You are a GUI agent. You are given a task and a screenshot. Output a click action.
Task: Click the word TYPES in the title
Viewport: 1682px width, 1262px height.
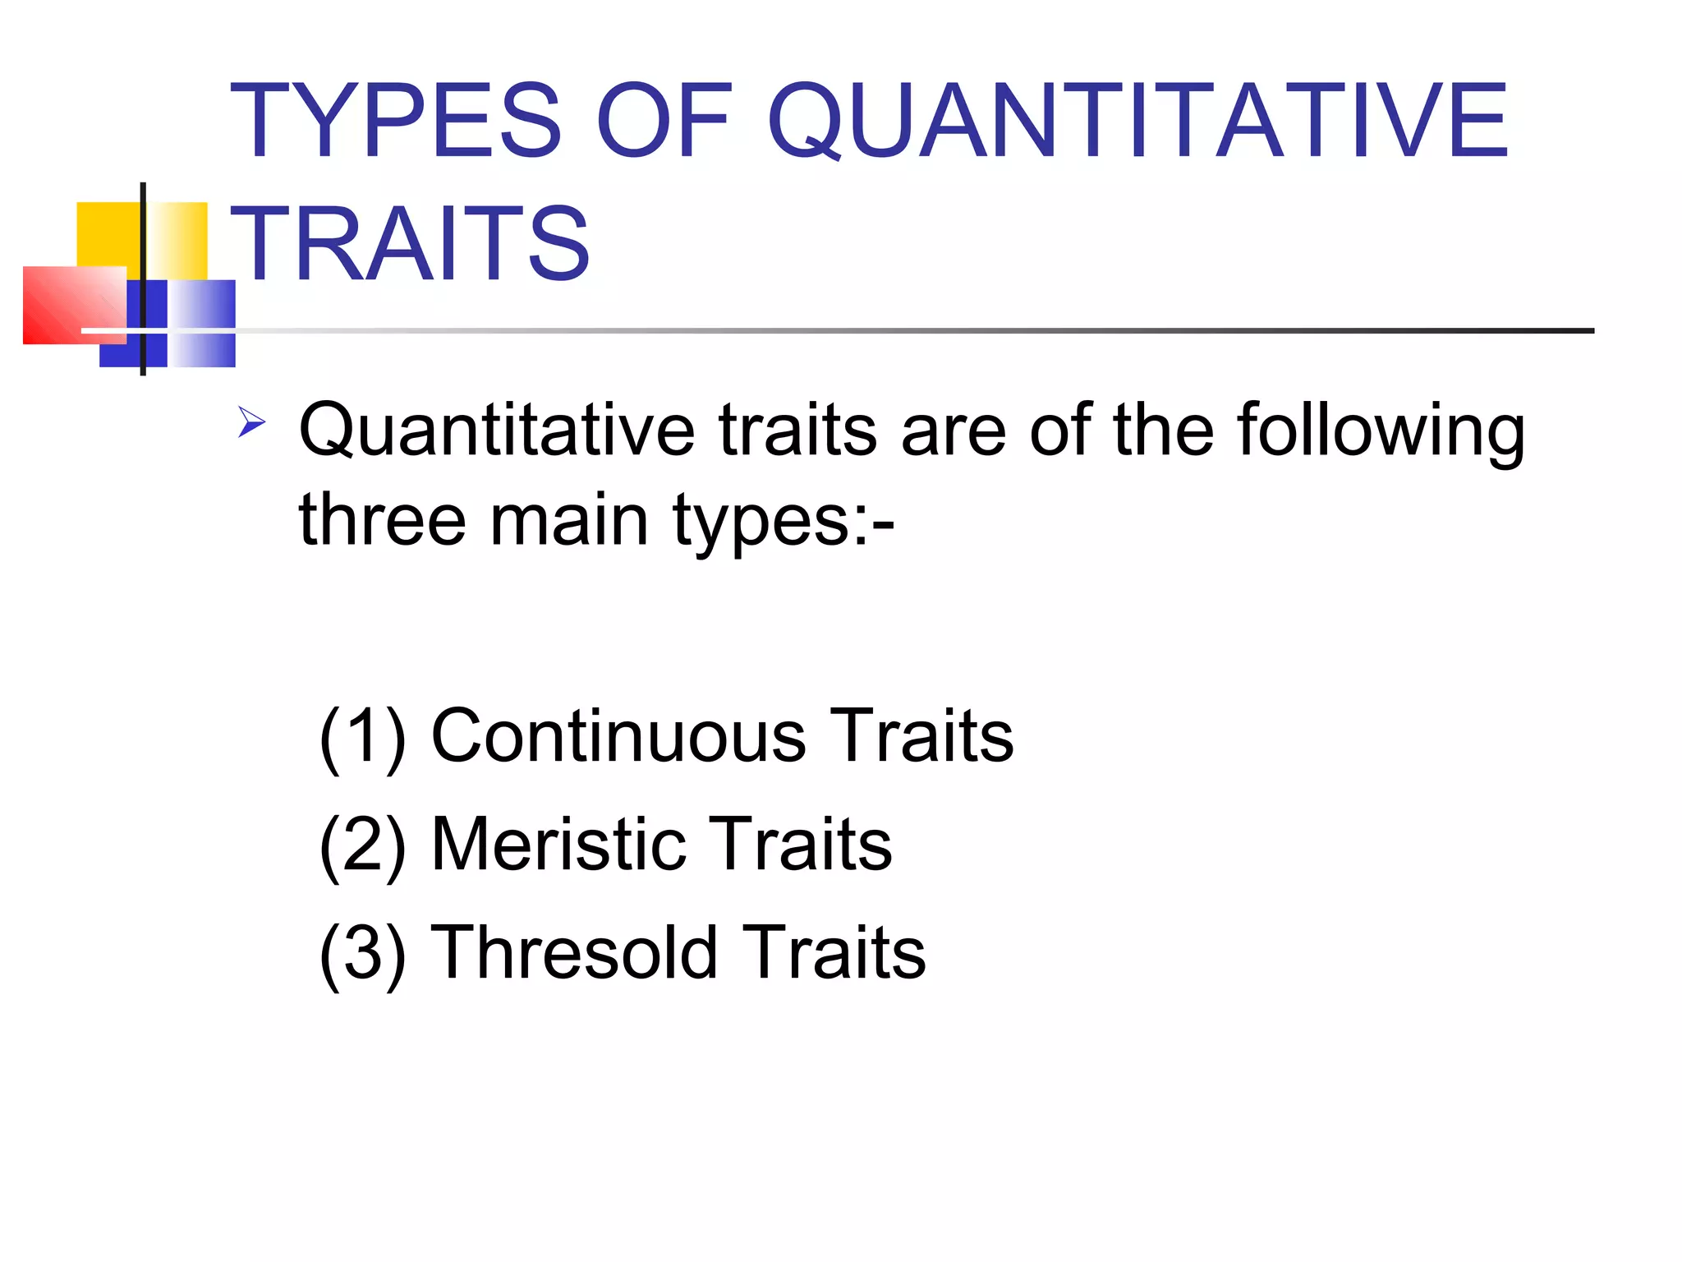coord(395,121)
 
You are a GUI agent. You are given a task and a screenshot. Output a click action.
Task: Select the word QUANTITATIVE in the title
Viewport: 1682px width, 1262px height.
coord(1137,121)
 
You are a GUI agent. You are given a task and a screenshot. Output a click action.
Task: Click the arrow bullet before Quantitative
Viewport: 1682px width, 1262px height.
coord(251,422)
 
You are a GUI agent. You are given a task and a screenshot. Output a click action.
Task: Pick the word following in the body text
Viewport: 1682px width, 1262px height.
coord(1381,432)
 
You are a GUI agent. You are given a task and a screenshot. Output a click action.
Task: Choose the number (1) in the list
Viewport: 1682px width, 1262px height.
coord(362,736)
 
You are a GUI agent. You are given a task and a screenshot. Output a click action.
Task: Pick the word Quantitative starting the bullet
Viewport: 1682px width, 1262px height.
coord(497,431)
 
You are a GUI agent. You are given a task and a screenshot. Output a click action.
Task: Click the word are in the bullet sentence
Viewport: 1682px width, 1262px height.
coord(953,431)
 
